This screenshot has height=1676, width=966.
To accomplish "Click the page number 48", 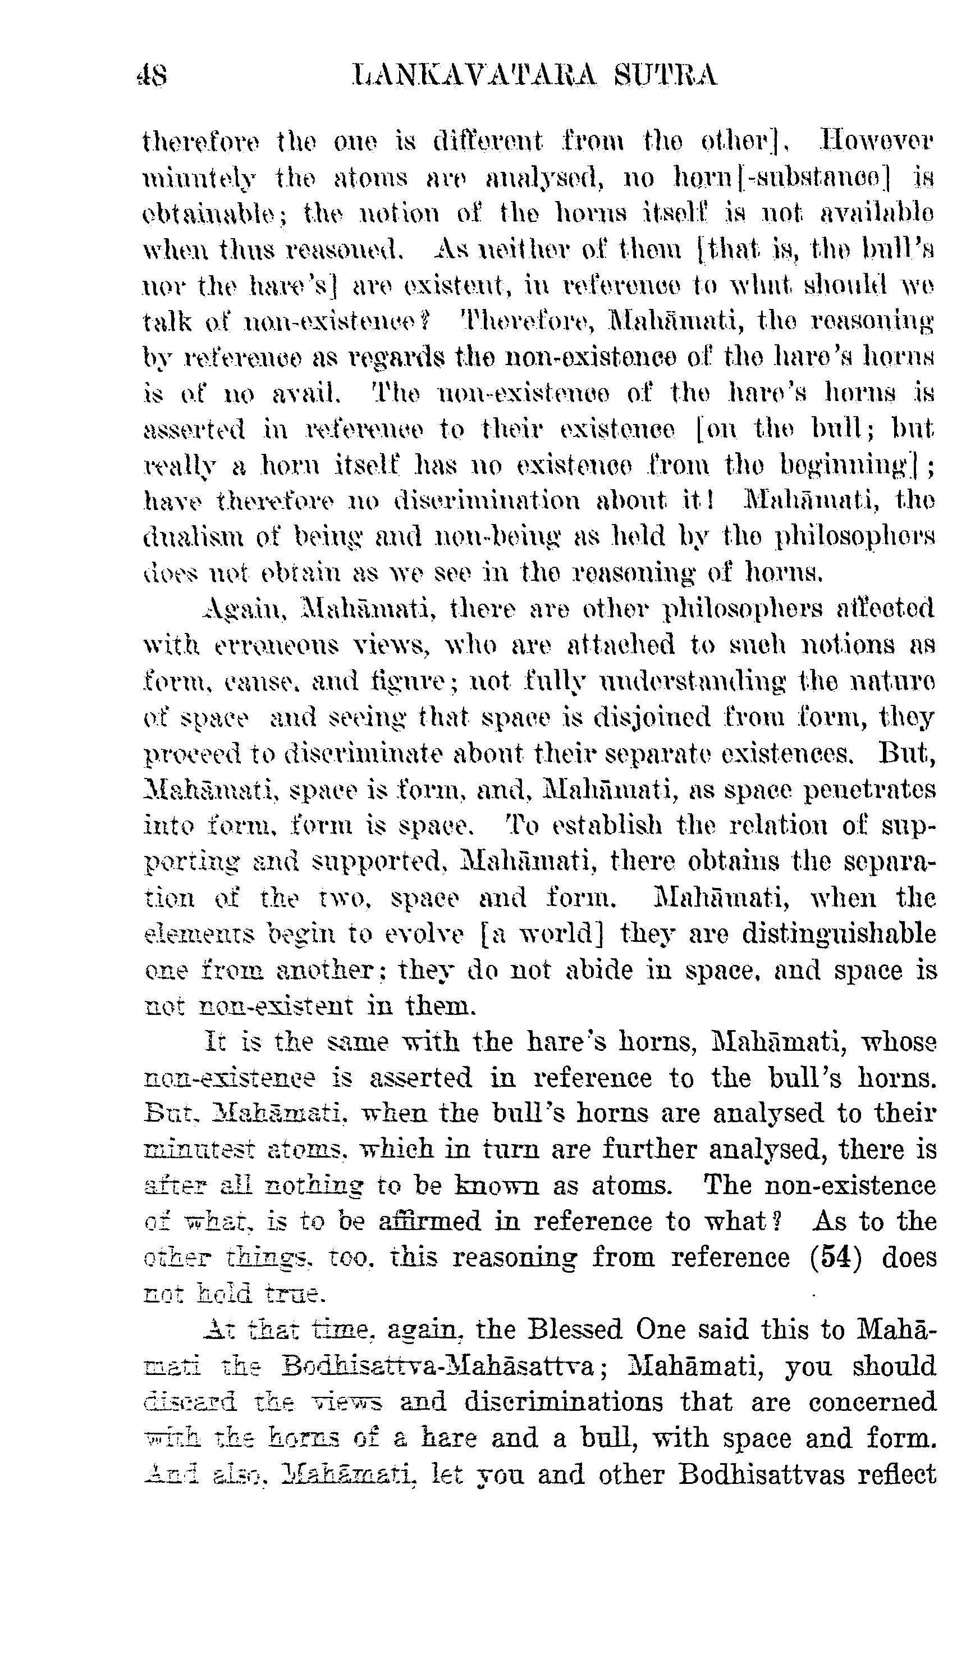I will pos(152,75).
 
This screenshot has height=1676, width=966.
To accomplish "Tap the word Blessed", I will pos(575,1330).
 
